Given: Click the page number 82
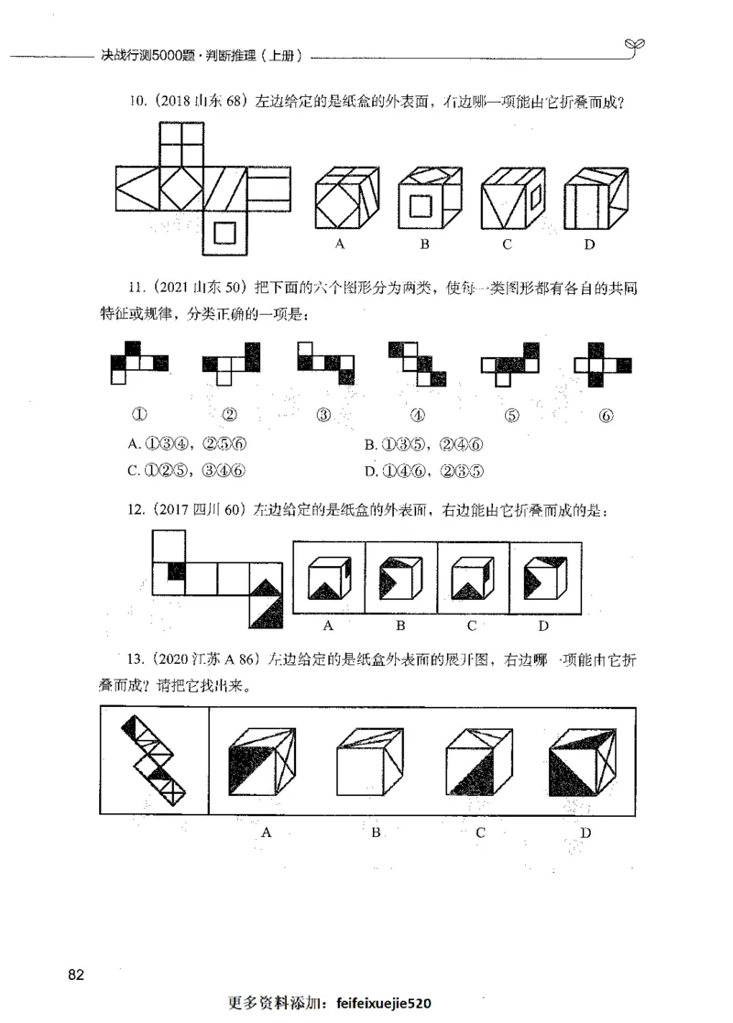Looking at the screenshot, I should (76, 974).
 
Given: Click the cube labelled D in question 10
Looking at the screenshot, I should (590, 198).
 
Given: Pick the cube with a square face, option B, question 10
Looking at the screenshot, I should (425, 198).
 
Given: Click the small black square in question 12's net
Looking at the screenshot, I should (176, 571).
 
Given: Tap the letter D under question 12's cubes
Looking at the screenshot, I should (542, 626).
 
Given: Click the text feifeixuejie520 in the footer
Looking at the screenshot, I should (384, 1002).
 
